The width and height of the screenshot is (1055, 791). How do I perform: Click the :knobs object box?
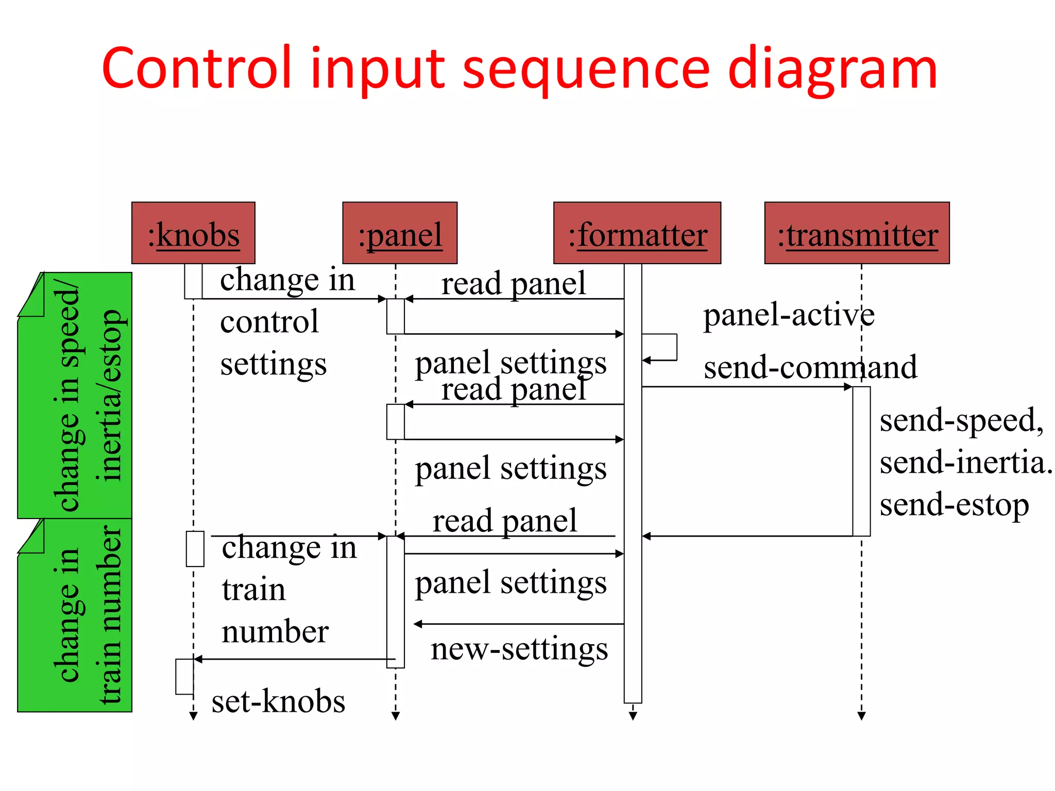[193, 233]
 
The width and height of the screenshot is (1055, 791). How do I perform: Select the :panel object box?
[400, 233]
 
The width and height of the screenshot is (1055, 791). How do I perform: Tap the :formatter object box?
[637, 233]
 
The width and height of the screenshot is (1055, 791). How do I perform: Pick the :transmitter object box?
[857, 233]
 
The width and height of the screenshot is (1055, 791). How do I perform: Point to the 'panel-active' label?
[789, 315]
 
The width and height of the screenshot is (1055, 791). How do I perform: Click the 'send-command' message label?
[810, 368]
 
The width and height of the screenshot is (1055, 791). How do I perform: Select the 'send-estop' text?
[954, 505]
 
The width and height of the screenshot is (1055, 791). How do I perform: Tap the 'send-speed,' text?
[961, 420]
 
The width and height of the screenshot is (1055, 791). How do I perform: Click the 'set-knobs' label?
[278, 701]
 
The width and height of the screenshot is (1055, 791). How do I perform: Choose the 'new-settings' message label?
[519, 649]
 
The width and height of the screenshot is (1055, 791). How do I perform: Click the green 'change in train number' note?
[75, 615]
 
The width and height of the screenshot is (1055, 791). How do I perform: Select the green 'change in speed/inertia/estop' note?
[75, 395]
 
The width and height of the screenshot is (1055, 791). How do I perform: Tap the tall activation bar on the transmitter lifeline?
[861, 461]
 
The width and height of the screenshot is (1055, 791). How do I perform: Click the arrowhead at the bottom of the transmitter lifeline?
[861, 716]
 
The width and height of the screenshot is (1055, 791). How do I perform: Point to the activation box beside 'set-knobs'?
[184, 677]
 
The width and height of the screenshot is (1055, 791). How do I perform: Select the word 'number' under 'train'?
[275, 632]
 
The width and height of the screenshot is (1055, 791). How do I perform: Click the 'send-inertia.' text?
[965, 462]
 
